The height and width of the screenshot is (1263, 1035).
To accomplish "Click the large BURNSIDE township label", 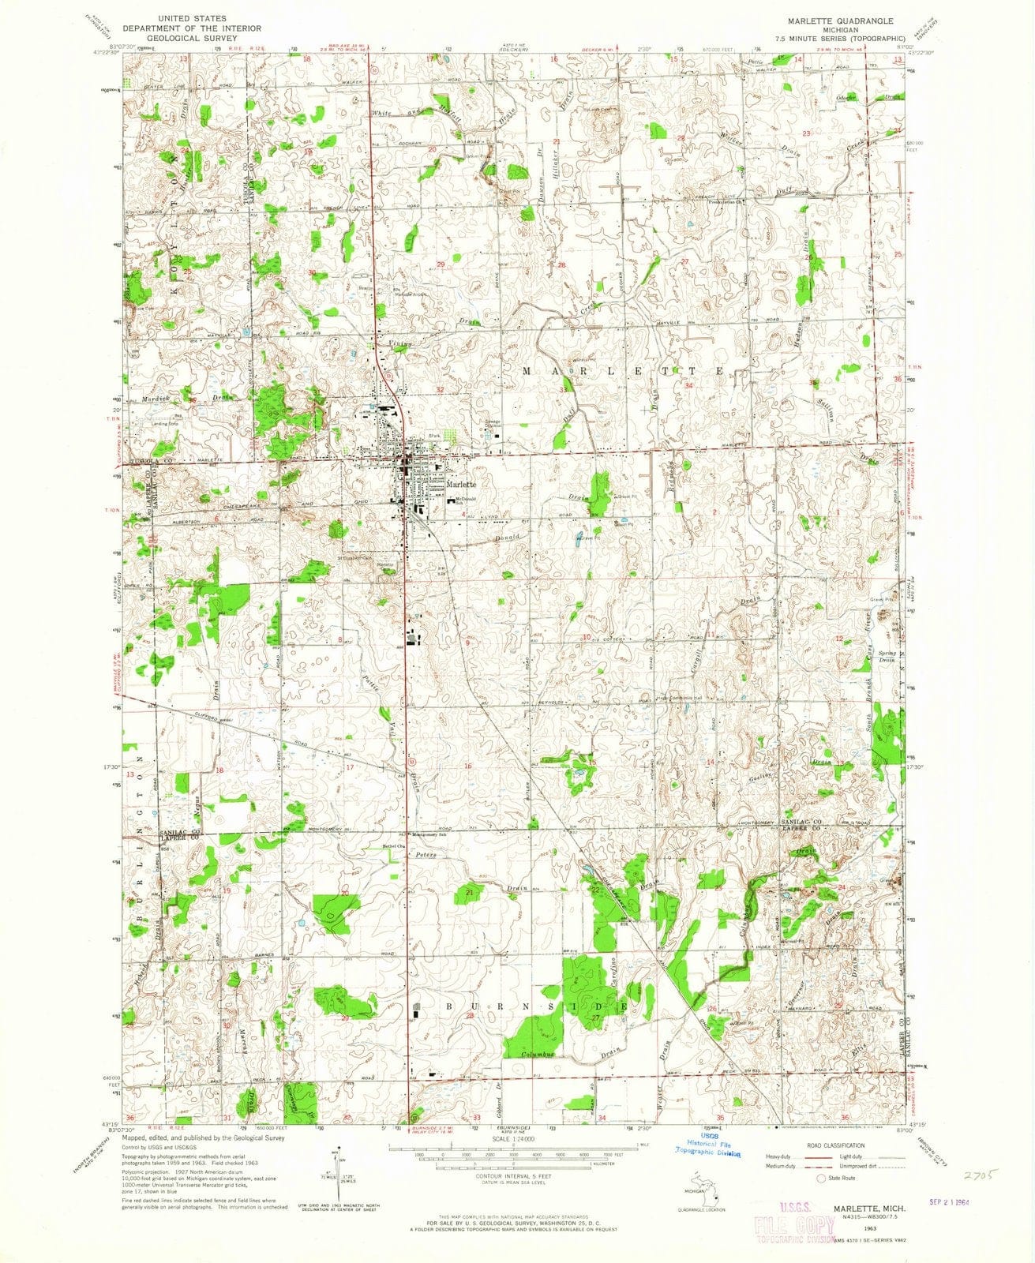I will (x=519, y=1008).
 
